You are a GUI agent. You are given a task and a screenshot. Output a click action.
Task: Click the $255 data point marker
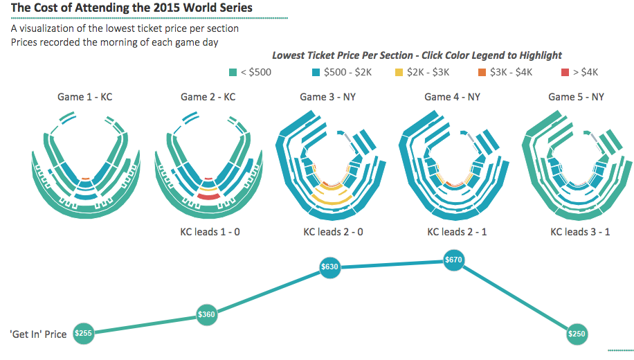coord(83,333)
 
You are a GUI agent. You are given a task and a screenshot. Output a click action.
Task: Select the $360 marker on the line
coord(206,314)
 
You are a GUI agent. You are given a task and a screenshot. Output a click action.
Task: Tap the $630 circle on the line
coord(329,267)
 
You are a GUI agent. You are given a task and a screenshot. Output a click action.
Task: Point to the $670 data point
coord(454,260)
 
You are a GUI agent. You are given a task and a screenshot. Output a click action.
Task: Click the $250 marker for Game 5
coord(576,334)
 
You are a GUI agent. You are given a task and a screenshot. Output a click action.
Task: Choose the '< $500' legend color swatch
coord(233,72)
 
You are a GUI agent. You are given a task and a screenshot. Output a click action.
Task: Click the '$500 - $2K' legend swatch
coord(316,72)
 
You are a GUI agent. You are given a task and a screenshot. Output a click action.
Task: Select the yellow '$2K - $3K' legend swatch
coord(399,72)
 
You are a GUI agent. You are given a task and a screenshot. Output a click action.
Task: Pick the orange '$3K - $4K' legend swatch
coord(482,72)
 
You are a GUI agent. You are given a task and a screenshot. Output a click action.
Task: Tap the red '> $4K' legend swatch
coord(565,72)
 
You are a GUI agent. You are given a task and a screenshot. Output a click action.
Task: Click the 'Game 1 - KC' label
coord(84,97)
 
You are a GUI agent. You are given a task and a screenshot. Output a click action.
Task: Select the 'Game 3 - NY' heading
coord(327,97)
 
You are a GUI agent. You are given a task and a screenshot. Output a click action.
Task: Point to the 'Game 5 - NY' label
coord(576,97)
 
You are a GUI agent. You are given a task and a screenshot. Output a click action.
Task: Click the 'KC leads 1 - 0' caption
coord(210,231)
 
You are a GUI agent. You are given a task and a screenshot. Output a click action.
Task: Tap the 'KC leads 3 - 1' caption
coord(580,231)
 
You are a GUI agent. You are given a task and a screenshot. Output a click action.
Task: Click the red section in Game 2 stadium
coord(208,197)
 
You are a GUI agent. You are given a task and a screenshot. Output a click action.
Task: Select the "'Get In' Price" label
coord(38,334)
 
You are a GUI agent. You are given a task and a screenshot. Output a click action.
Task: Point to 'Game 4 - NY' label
coord(452,97)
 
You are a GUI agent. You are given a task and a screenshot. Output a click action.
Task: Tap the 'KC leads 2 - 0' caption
coord(333,231)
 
